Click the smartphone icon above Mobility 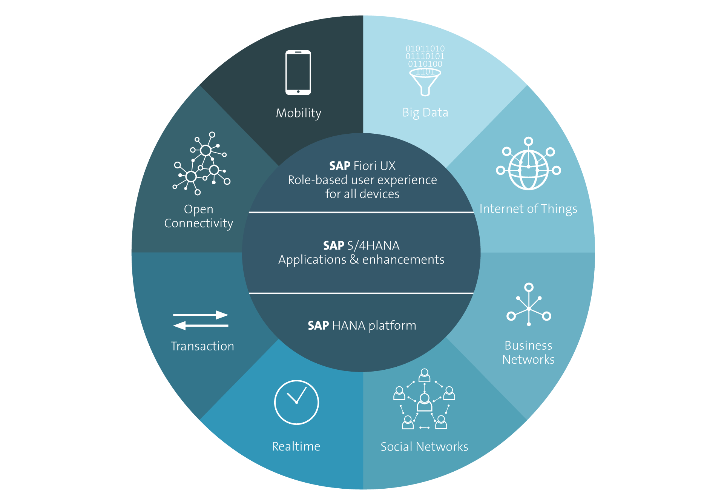click(298, 72)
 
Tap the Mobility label click(298, 113)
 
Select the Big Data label click(425, 113)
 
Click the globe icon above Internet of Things click(528, 170)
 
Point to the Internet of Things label click(528, 209)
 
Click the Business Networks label click(528, 352)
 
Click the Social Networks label click(424, 447)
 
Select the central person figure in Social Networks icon click(425, 403)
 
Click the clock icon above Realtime click(296, 402)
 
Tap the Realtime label click(296, 446)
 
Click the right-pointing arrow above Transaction click(201, 315)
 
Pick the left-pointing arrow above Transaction click(201, 325)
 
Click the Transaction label click(202, 346)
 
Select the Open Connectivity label click(199, 216)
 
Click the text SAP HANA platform click(362, 326)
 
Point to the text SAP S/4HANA click(361, 245)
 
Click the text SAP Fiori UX click(362, 166)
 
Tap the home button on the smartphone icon click(298, 91)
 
